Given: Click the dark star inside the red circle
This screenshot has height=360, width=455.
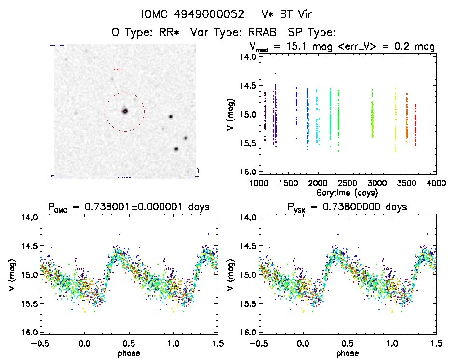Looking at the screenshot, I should (x=125, y=111).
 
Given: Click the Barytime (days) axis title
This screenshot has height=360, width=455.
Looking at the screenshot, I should (x=347, y=192).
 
